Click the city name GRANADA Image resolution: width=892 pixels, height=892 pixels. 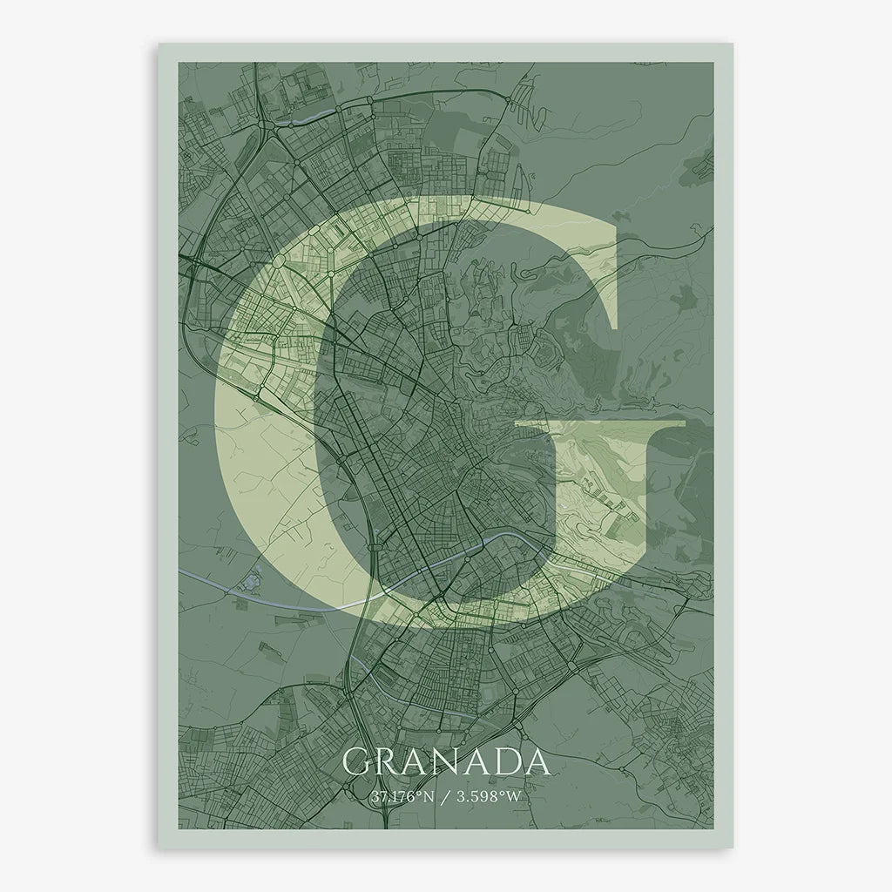click(x=447, y=762)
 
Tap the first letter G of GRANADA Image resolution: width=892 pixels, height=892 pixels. click(x=357, y=762)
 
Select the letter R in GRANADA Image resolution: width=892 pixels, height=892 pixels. click(x=389, y=762)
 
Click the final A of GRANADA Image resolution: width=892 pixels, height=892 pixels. click(x=538, y=762)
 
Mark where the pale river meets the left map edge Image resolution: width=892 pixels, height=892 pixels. click(x=180, y=570)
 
